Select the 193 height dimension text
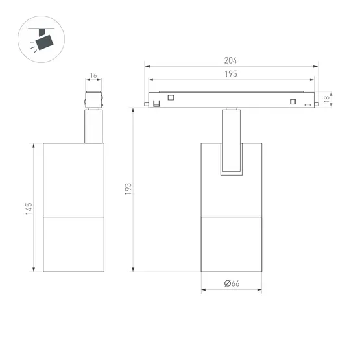pos(128,189)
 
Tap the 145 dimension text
pos(29,208)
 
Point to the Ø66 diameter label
pos(232,283)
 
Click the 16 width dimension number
pos(94,76)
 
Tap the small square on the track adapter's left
pos(171,97)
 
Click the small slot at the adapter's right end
pos(308,104)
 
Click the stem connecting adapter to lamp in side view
pos(93,126)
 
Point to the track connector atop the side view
pos(93,101)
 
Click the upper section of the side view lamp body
pos(73,178)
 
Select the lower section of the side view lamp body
pos(73,244)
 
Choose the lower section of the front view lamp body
pos(232,244)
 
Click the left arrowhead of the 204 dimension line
pos(147,66)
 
